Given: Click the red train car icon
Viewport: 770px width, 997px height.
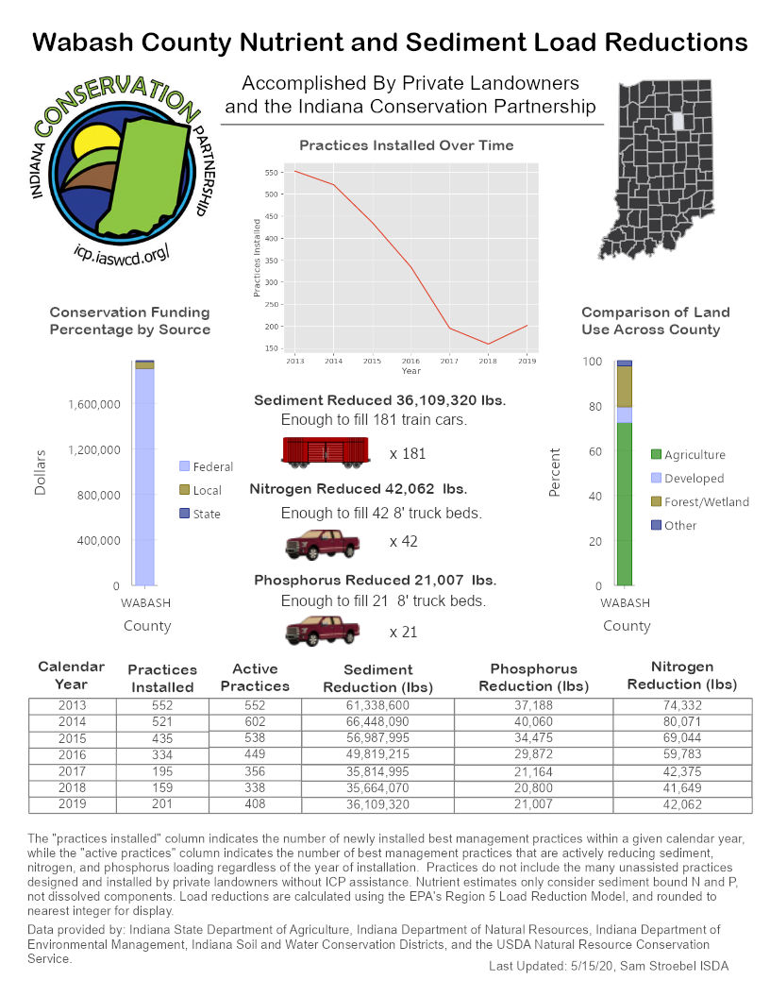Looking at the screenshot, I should pyautogui.click(x=325, y=452).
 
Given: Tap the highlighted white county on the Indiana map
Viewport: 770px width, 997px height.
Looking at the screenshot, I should pyautogui.click(x=677, y=122).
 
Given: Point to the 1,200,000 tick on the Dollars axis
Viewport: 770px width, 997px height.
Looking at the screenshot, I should pyautogui.click(x=93, y=450).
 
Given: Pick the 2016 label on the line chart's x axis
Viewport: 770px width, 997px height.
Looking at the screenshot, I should pyautogui.click(x=411, y=361).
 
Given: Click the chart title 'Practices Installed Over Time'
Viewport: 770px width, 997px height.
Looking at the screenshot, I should pyautogui.click(x=407, y=145).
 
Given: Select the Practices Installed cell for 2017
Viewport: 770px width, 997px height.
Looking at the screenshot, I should pyautogui.click(x=162, y=771).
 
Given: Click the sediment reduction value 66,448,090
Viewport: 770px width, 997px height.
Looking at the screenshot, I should pyautogui.click(x=377, y=721).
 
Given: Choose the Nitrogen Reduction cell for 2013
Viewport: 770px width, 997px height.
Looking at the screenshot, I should pyautogui.click(x=682, y=705).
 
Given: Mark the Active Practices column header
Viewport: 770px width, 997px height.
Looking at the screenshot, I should pyautogui.click(x=255, y=677).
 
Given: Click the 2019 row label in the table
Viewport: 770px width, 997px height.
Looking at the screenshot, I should pyautogui.click(x=71, y=804).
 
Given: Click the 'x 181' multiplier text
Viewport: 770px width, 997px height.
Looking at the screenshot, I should pyautogui.click(x=408, y=453).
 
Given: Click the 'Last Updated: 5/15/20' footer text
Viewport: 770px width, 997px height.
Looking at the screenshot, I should pyautogui.click(x=609, y=966).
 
